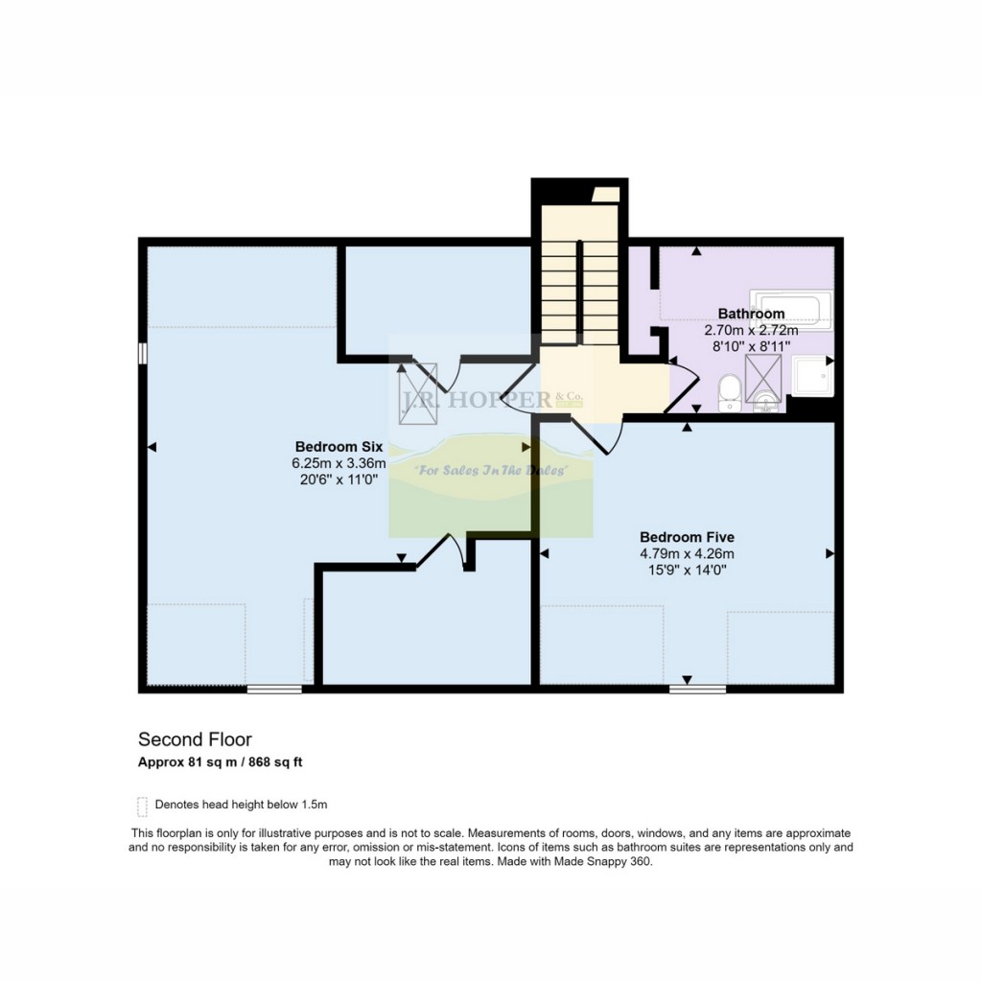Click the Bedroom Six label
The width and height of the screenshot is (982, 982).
point(339,447)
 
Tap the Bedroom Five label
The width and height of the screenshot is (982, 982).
point(687,537)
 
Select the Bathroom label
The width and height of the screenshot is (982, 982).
point(751,314)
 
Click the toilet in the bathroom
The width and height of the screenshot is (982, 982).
point(729,393)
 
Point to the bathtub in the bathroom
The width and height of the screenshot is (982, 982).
point(791,310)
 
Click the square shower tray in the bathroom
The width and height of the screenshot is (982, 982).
point(813,376)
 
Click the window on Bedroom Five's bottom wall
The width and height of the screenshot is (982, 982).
point(698,689)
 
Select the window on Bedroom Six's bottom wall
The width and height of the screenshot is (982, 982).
point(274,689)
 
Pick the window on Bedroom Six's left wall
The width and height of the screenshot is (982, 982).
point(143,353)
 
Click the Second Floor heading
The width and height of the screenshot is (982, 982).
point(195,739)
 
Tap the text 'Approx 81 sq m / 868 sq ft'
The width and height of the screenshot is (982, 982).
point(221,762)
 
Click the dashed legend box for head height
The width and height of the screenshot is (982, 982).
point(142,807)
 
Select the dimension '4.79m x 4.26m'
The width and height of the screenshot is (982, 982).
point(687,553)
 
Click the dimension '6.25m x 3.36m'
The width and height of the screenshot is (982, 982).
point(339,463)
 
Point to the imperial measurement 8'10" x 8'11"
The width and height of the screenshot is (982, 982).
point(751,346)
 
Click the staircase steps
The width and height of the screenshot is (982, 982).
point(579,292)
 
